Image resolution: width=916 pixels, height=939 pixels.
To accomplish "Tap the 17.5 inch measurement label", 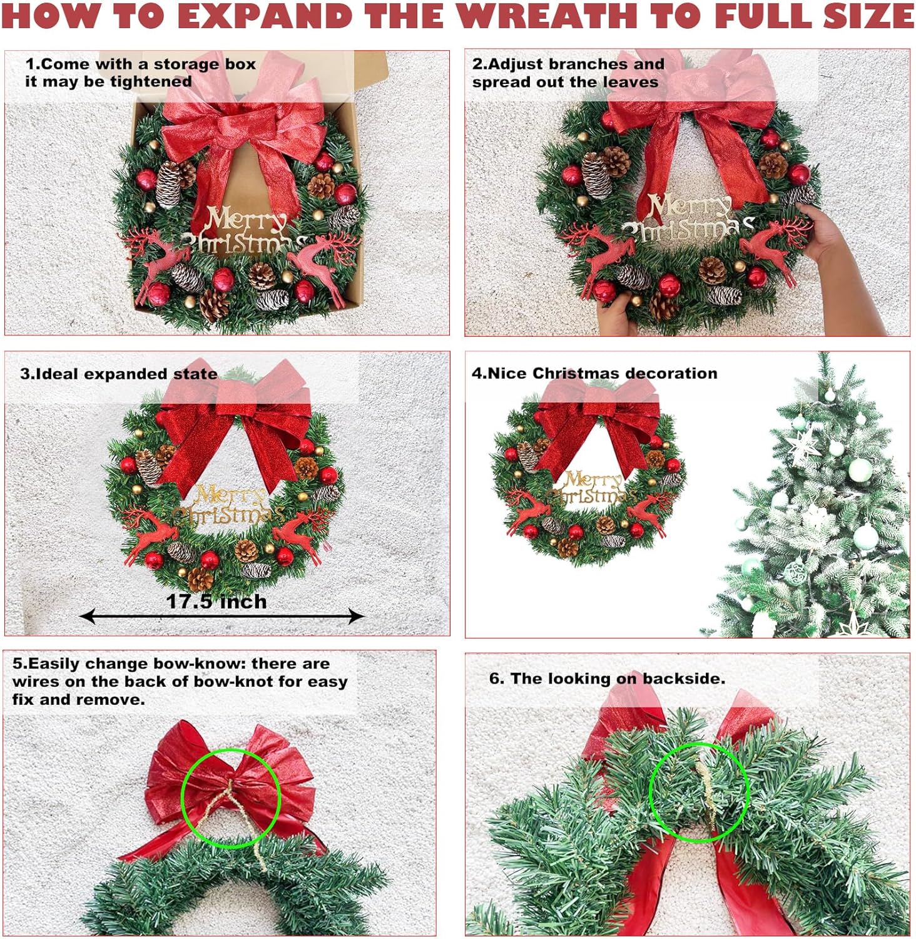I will tap(216, 602).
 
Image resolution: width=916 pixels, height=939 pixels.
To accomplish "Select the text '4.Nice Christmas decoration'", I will tap(594, 373).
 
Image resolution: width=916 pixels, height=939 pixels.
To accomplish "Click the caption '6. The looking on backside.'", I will tap(607, 679).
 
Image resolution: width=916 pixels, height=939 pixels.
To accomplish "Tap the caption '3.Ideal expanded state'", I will tap(119, 374).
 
